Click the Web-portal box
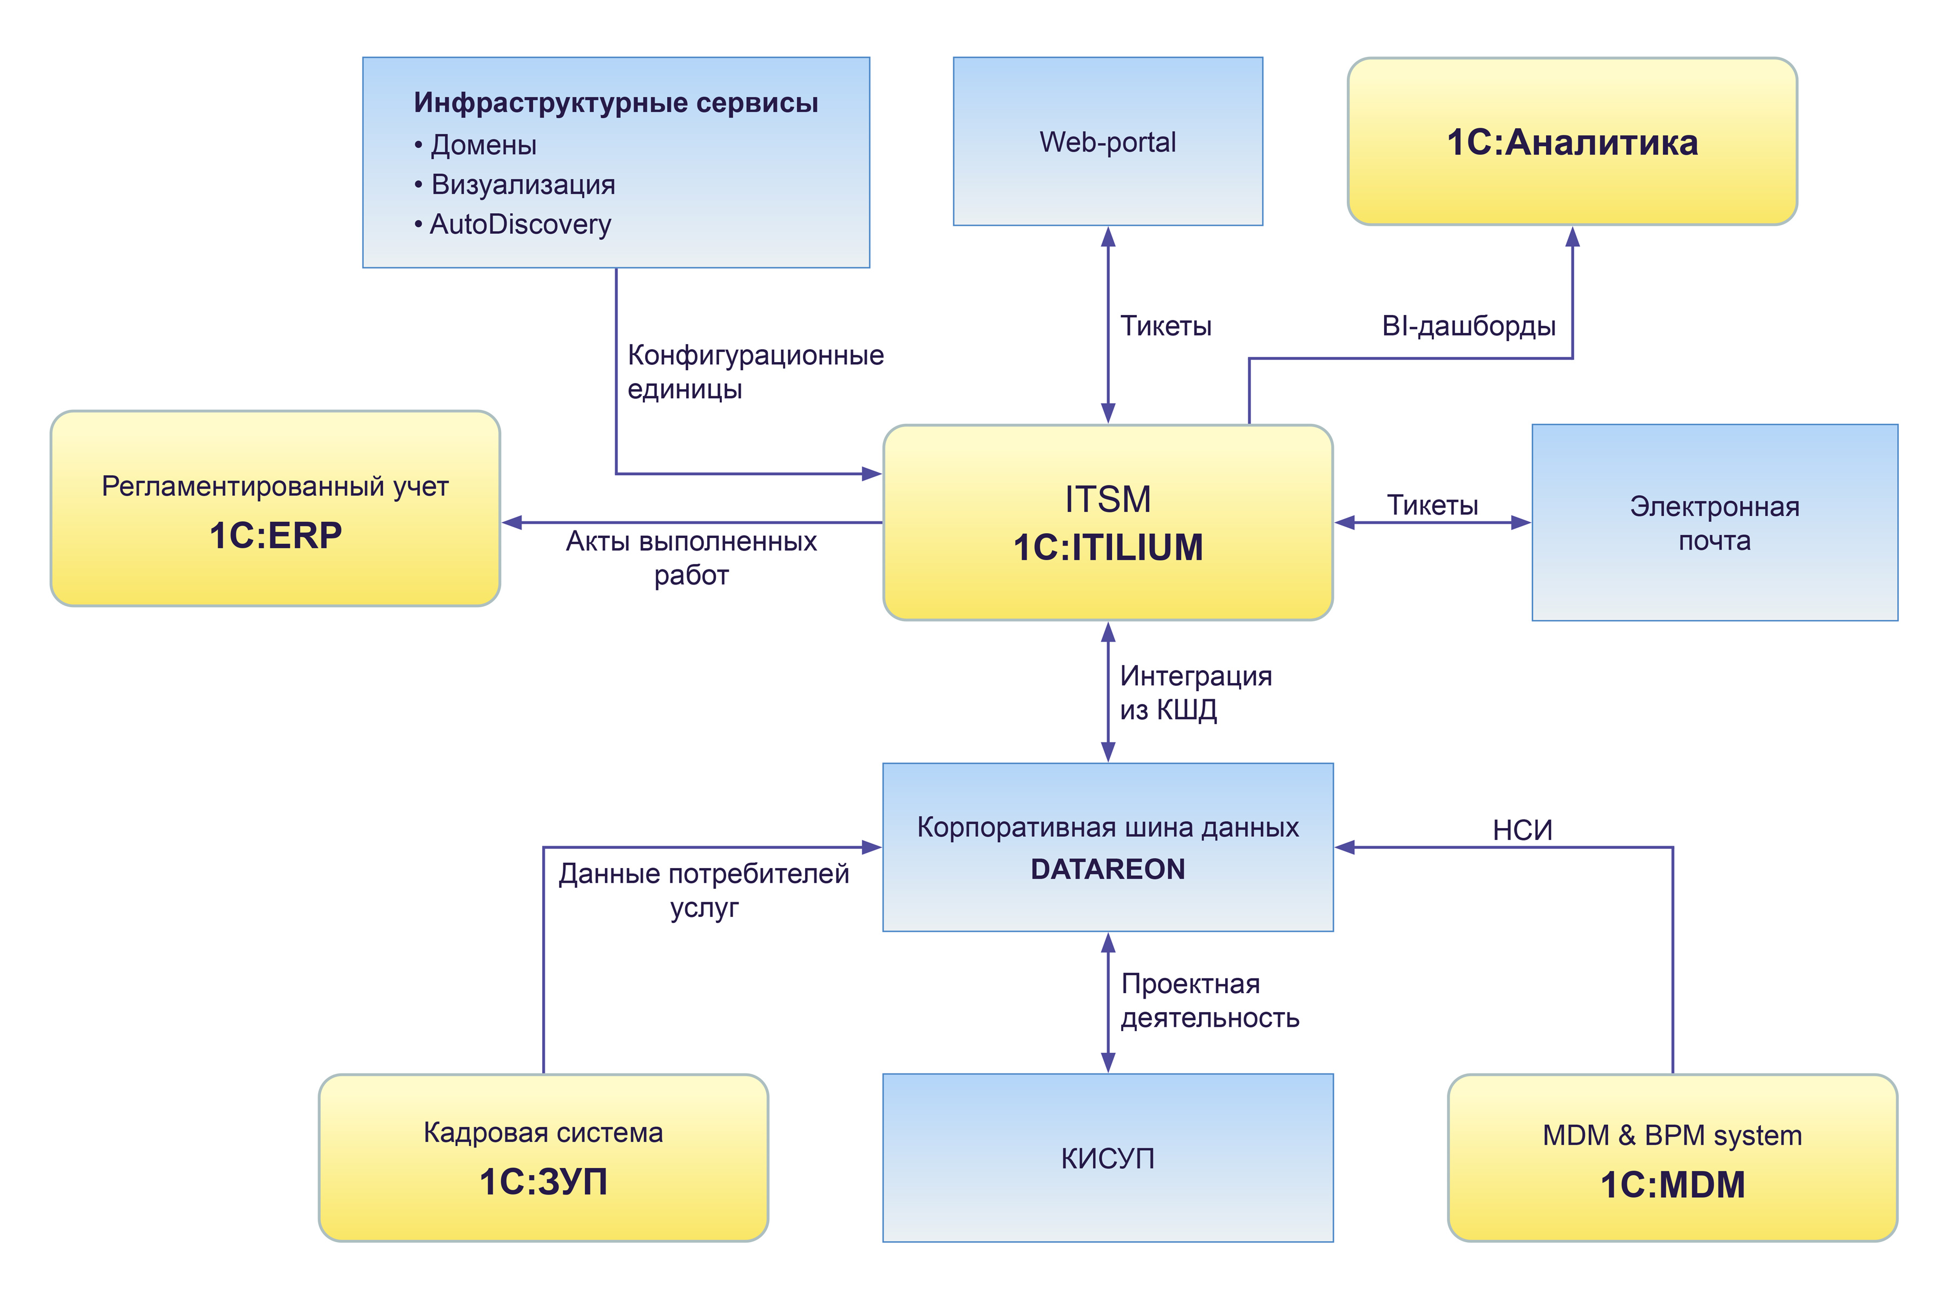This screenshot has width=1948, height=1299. [x=1107, y=142]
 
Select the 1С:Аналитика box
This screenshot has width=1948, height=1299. [x=1571, y=142]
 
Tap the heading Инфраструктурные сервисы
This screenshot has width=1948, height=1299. [x=615, y=103]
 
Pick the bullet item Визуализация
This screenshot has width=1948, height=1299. [x=523, y=184]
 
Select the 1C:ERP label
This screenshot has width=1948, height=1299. [x=275, y=535]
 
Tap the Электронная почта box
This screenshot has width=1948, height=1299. [x=1714, y=523]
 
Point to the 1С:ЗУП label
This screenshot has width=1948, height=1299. [x=543, y=1182]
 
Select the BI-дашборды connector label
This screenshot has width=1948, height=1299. [x=1467, y=326]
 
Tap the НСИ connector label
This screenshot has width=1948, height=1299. [x=1522, y=830]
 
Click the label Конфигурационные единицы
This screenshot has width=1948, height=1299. [x=754, y=372]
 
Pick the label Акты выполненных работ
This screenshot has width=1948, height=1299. [x=691, y=557]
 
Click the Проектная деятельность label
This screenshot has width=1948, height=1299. [x=1209, y=1001]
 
